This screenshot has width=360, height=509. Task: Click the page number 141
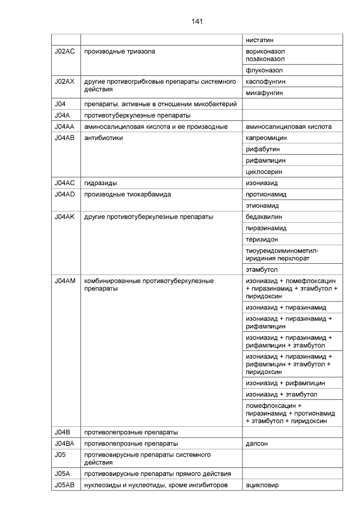196,21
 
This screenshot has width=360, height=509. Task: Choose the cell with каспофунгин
266,82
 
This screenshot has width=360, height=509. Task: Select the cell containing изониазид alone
262,183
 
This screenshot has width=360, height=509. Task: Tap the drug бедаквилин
264,217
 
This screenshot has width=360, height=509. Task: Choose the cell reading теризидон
262,239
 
